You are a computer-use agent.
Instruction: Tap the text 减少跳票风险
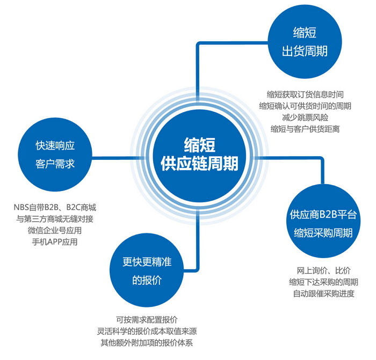(305, 117)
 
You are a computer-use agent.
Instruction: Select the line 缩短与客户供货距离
(305, 129)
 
